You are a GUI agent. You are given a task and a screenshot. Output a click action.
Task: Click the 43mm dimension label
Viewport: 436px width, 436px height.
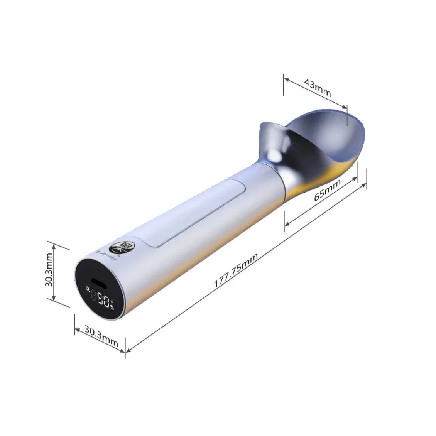coord(318,87)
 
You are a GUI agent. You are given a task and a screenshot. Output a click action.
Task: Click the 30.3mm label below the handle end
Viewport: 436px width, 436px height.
coord(101,333)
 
